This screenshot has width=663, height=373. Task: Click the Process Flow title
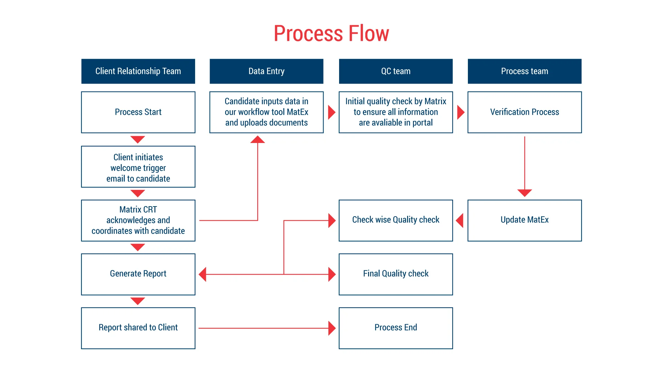(331, 34)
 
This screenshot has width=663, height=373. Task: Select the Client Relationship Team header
(138, 71)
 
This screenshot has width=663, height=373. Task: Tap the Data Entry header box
(266, 71)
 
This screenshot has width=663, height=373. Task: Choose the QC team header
(396, 71)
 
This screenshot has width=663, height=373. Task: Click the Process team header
(525, 71)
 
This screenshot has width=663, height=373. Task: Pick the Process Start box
(138, 112)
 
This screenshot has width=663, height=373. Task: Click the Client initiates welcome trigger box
(138, 166)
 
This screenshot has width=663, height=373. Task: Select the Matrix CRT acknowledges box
(138, 220)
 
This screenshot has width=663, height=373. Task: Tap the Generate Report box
(138, 274)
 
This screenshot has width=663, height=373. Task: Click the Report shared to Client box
(138, 328)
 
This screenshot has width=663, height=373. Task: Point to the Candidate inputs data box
(266, 112)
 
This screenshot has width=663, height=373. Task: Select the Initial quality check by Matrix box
(396, 112)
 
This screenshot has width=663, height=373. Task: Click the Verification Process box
(525, 112)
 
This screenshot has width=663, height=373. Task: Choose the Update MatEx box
(525, 220)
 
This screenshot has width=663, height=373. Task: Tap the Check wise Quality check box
(396, 220)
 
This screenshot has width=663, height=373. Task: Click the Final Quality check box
(396, 274)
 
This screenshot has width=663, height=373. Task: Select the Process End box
(396, 328)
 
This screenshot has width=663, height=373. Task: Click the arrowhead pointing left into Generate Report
(203, 274)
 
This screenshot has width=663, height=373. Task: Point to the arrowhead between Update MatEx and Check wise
(460, 220)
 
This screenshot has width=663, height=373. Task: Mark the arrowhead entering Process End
(331, 328)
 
